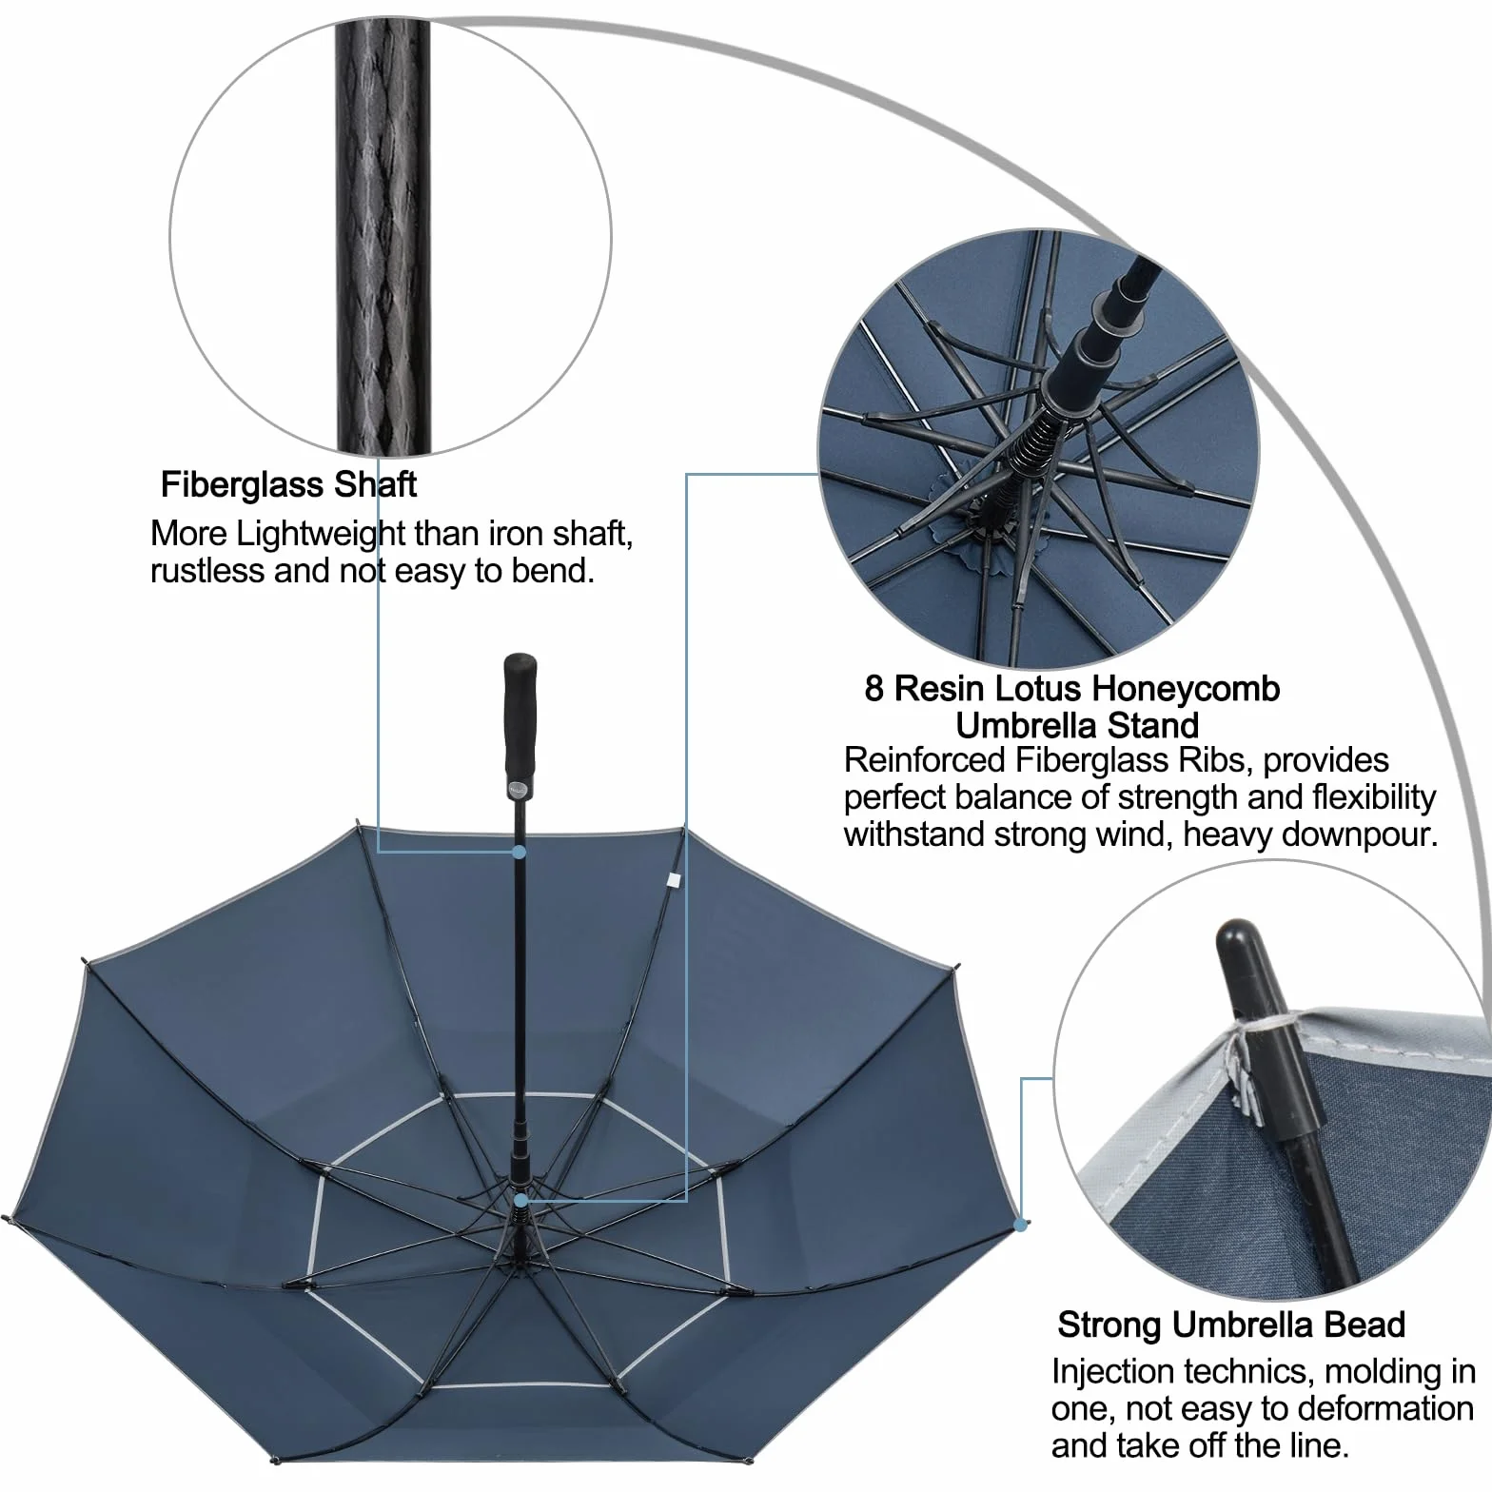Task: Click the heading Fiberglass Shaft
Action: (288, 485)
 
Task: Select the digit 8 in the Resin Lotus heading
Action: (874, 688)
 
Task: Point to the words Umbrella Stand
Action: (1077, 725)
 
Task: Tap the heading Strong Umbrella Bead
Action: (1231, 1325)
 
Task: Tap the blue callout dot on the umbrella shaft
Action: (520, 853)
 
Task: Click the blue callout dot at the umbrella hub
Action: (520, 1201)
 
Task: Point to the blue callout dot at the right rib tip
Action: (1022, 1224)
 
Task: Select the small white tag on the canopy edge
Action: (674, 881)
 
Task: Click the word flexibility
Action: (1374, 797)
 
